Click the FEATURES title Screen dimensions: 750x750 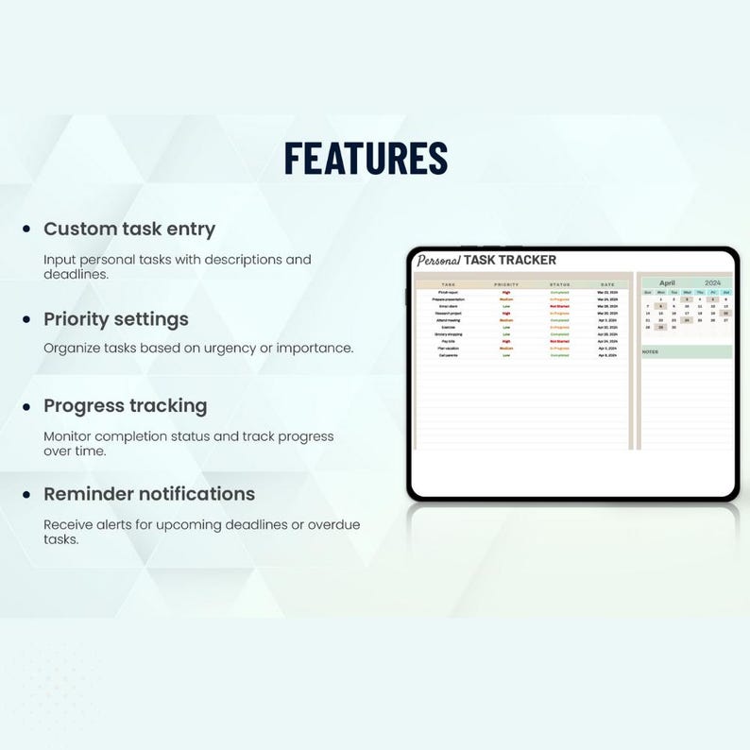[x=366, y=158]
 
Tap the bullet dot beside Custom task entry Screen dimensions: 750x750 [x=26, y=230]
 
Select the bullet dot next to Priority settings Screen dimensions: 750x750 [x=26, y=319]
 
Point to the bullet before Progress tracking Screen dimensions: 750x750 [x=26, y=406]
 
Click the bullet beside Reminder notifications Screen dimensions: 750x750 [x=26, y=494]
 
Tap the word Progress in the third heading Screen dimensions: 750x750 [x=83, y=406]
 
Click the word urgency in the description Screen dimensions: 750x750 [x=227, y=348]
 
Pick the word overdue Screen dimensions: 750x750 [x=330, y=524]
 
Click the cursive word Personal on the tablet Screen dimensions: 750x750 [x=438, y=261]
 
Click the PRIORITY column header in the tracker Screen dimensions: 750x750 [x=506, y=284]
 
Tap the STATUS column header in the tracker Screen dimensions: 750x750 [x=560, y=284]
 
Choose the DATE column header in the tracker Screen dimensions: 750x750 [x=606, y=284]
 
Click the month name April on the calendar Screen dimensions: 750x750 [x=667, y=282]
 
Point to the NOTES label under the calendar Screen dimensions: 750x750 [x=651, y=351]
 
